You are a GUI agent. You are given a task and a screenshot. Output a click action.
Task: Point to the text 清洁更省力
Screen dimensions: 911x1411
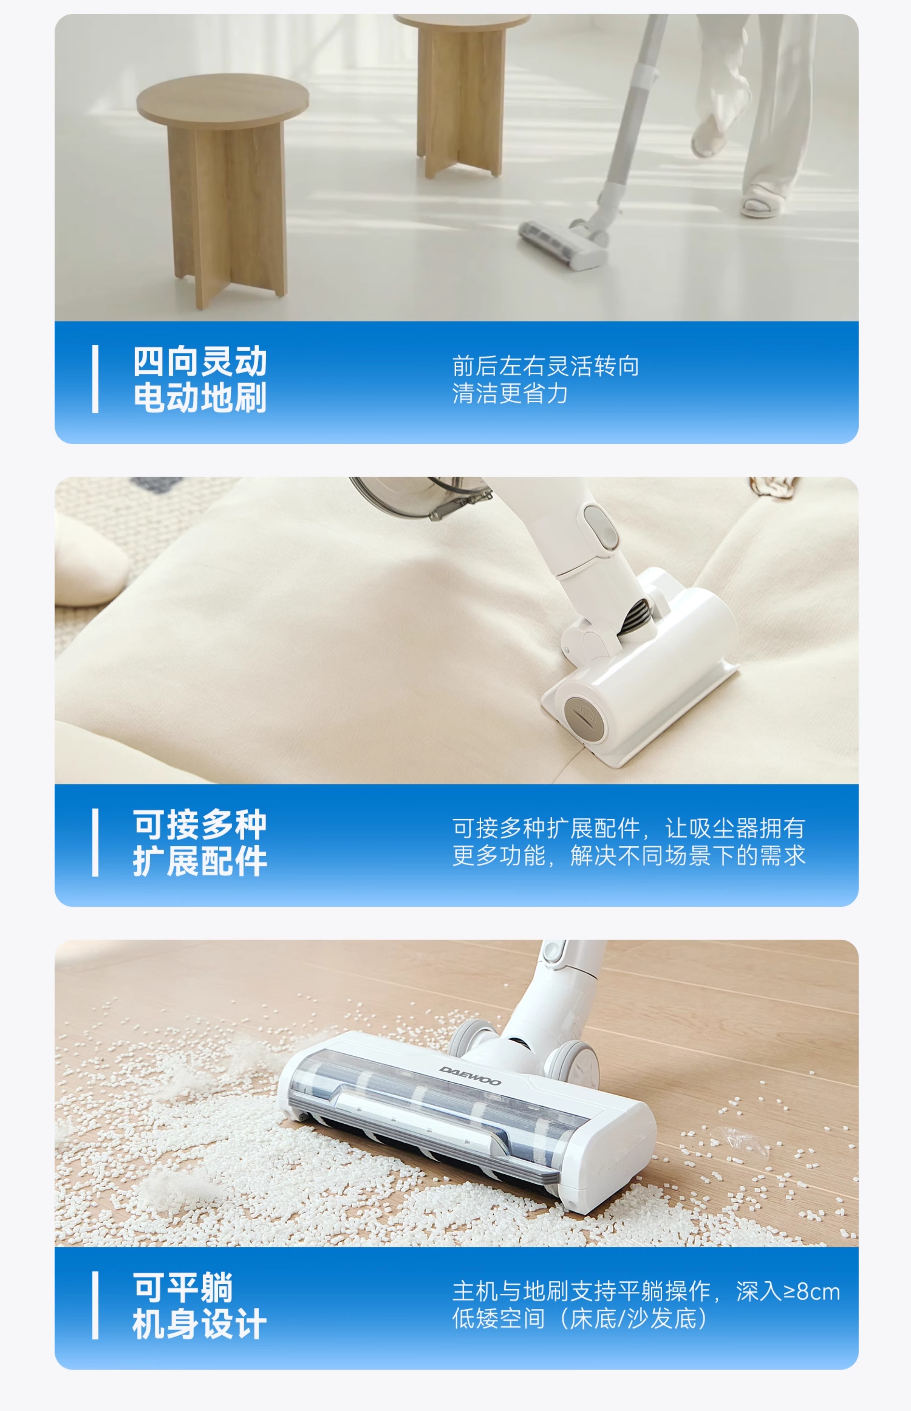coord(510,394)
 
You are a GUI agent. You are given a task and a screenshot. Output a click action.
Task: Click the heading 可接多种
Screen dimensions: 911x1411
coord(200,824)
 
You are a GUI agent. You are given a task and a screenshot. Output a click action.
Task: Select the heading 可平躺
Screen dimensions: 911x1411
coord(183,1287)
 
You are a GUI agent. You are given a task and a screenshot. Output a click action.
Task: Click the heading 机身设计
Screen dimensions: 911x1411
coord(200,1324)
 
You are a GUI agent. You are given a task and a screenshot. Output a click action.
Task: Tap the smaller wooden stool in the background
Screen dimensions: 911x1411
coord(461,95)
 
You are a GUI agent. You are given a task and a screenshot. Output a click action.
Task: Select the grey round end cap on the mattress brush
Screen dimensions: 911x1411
coord(585,718)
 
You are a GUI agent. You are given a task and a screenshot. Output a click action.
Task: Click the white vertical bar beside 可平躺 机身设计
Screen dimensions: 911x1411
coord(95,1305)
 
